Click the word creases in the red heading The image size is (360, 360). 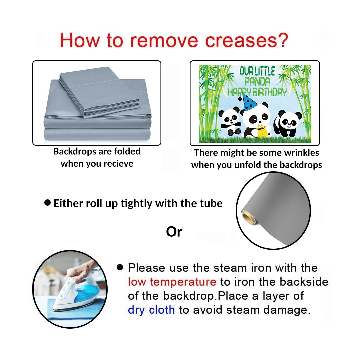pyautogui.click(x=241, y=41)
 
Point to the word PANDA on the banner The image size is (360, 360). pyautogui.click(x=257, y=81)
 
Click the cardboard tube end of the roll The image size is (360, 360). pyautogui.click(x=249, y=217)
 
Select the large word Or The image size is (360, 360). pyautogui.click(x=174, y=232)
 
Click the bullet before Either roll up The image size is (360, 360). pyautogui.click(x=48, y=203)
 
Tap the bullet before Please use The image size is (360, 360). pyautogui.click(x=120, y=267)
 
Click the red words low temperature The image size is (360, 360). pyautogui.click(x=172, y=282)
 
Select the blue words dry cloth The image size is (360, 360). pyautogui.click(x=151, y=310)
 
